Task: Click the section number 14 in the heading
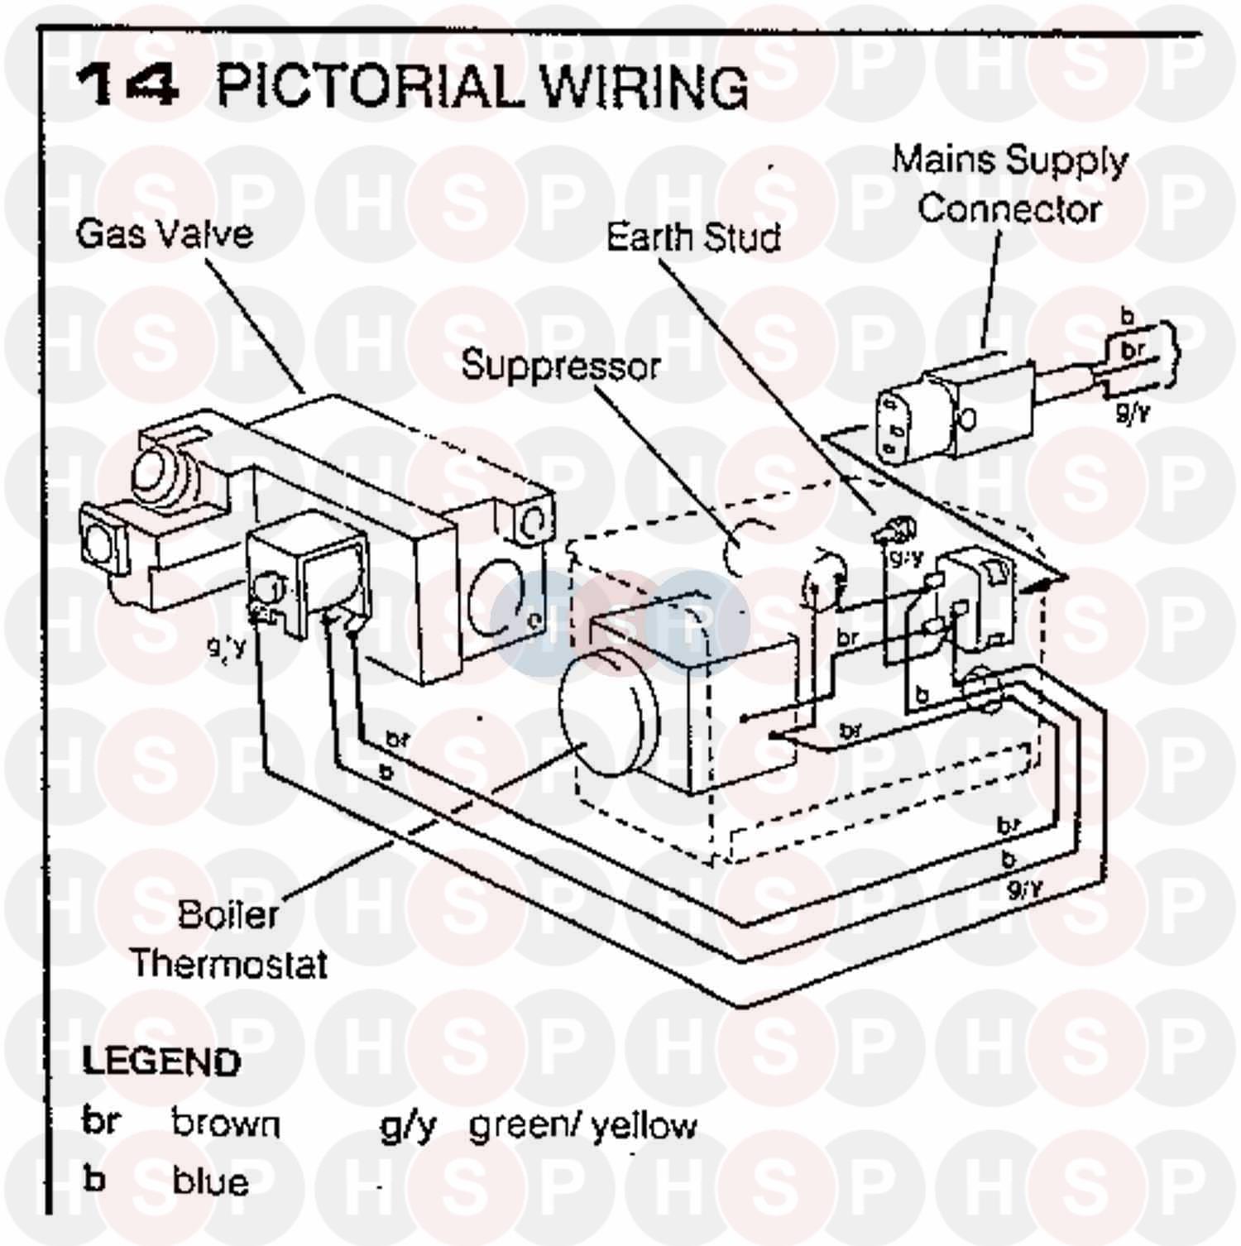click(x=127, y=86)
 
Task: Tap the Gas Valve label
click(x=164, y=234)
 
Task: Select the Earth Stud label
click(x=692, y=237)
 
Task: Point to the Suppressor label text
click(x=560, y=366)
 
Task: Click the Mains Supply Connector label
click(x=1009, y=184)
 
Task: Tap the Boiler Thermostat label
click(x=228, y=939)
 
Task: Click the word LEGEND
click(x=161, y=1061)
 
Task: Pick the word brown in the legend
click(x=226, y=1124)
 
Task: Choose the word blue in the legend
click(x=210, y=1181)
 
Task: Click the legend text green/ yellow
click(x=582, y=1125)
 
